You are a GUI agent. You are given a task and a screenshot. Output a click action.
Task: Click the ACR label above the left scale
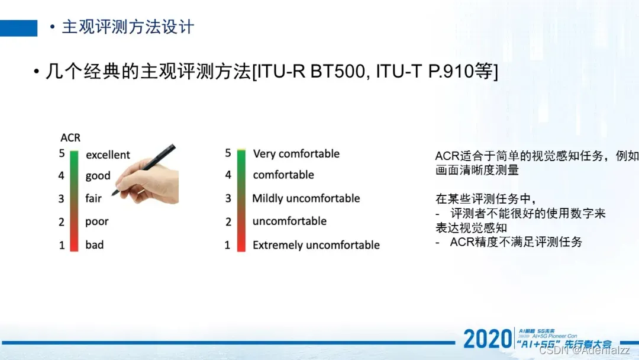pos(70,138)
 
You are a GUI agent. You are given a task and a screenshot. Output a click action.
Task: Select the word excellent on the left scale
pos(108,155)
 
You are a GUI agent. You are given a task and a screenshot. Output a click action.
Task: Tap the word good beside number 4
pos(98,176)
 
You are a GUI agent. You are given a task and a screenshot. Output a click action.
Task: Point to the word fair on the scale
pos(93,198)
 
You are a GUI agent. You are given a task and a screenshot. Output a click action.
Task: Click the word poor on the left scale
pos(96,221)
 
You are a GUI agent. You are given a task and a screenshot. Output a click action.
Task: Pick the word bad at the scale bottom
pos(94,245)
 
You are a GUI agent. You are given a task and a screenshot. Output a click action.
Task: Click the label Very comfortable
pos(296,154)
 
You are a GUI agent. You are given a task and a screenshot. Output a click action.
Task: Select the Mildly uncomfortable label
pos(306,198)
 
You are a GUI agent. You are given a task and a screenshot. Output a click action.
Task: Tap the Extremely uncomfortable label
pos(316,245)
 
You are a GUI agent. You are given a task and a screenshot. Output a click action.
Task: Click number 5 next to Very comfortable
pos(228,153)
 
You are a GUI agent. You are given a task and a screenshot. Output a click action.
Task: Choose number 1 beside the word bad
pos(62,245)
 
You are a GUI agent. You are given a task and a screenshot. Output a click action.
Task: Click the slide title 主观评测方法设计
pos(128,27)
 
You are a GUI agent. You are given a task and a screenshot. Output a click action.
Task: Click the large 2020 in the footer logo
pos(488,339)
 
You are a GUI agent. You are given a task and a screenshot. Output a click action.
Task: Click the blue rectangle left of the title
pos(18,28)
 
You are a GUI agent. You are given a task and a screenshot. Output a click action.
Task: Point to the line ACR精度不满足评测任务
pos(516,242)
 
